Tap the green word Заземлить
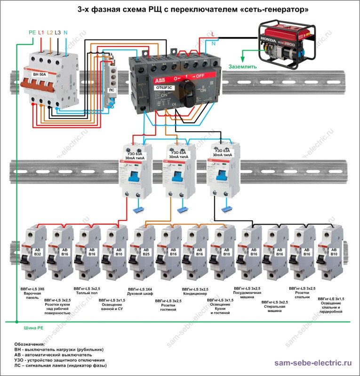(x=242, y=67)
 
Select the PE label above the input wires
(x=32, y=32)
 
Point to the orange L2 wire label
(x=50, y=32)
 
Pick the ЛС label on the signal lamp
(x=112, y=89)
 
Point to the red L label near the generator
(x=213, y=34)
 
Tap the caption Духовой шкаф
(x=141, y=293)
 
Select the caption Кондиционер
(x=195, y=294)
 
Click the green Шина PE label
(x=32, y=328)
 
